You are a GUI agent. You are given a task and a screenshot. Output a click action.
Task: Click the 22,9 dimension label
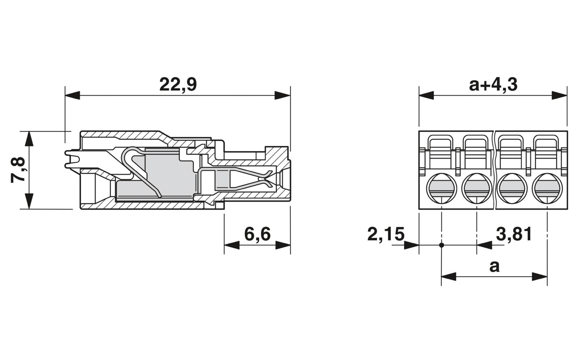pyautogui.click(x=178, y=85)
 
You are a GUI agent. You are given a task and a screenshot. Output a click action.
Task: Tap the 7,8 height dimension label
pyautogui.click(x=18, y=170)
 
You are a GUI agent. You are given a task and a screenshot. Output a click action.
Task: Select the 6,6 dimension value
pyautogui.click(x=257, y=234)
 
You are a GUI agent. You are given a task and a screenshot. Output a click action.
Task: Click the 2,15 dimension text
pyautogui.click(x=386, y=234)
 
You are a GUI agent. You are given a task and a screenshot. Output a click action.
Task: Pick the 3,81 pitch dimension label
pyautogui.click(x=514, y=234)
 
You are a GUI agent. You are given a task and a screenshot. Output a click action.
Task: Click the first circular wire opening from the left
pyautogui.click(x=442, y=189)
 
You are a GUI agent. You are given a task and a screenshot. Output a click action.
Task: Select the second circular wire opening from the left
pyautogui.click(x=477, y=189)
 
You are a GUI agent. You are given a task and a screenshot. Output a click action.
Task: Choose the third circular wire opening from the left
pyautogui.click(x=512, y=189)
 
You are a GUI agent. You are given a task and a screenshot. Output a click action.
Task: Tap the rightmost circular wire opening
pyautogui.click(x=547, y=189)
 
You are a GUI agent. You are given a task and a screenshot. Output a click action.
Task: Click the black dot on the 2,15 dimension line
pyautogui.click(x=442, y=245)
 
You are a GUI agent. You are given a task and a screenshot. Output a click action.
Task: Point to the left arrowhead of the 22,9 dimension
pyautogui.click(x=73, y=95)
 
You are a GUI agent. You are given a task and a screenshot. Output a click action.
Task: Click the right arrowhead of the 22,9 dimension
pyautogui.click(x=283, y=95)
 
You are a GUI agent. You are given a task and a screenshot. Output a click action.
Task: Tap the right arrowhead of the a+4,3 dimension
pyautogui.click(x=559, y=95)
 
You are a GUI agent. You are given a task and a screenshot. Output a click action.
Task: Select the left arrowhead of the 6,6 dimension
pyautogui.click(x=232, y=245)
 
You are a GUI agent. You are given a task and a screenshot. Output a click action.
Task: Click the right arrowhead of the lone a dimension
pyautogui.click(x=540, y=277)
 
